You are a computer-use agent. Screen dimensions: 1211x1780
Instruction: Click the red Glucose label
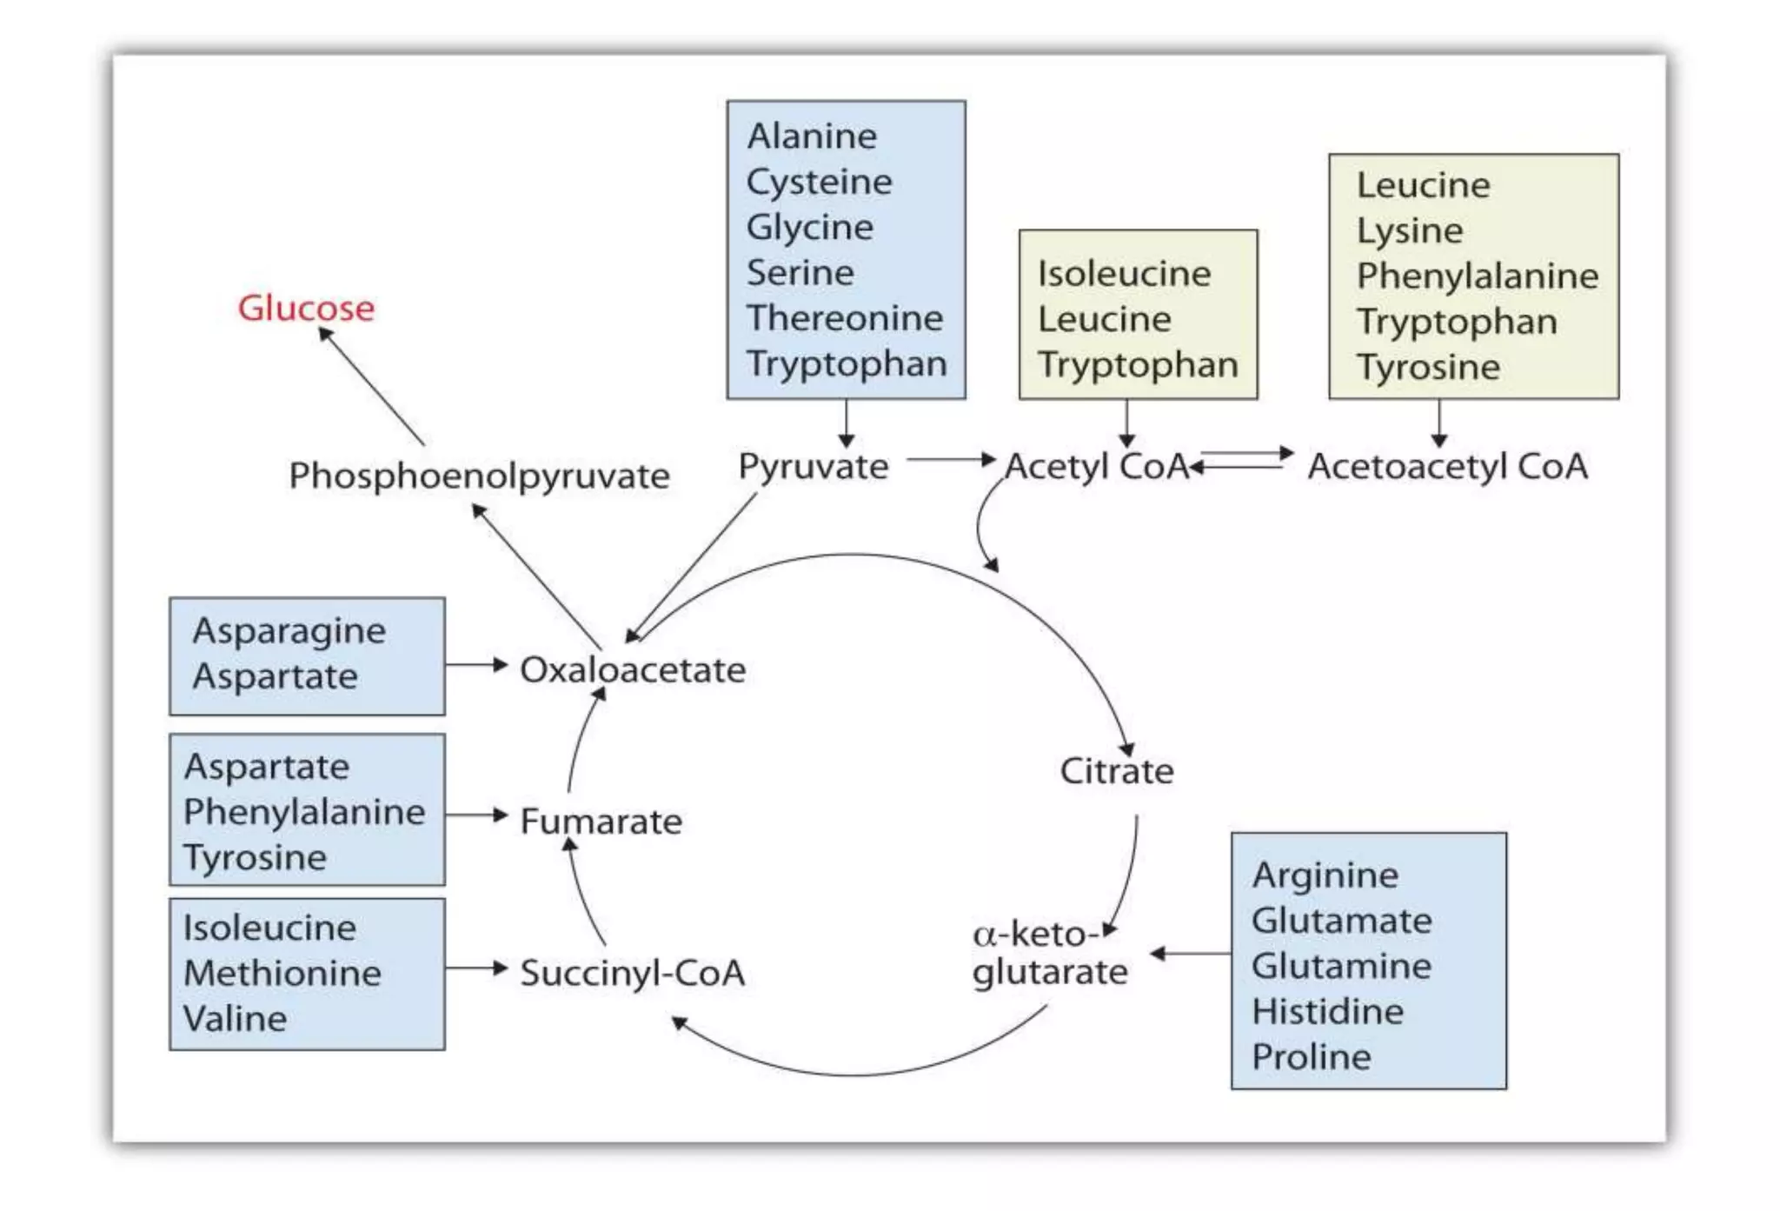click(x=306, y=308)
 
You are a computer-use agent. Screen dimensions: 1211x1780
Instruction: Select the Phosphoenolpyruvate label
click(x=479, y=476)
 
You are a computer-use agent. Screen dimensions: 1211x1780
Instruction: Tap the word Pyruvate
click(x=813, y=467)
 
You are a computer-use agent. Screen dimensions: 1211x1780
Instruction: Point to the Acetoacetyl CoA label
click(x=1447, y=467)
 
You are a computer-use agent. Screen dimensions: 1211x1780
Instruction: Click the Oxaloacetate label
click(x=632, y=669)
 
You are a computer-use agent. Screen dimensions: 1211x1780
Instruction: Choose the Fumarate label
click(x=601, y=822)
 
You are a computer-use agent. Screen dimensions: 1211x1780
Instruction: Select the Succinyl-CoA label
click(x=632, y=973)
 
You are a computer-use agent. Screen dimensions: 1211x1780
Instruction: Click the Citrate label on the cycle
click(x=1116, y=771)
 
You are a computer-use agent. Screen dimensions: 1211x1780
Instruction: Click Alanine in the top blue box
click(x=812, y=136)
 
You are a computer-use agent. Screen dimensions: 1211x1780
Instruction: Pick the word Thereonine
click(x=844, y=318)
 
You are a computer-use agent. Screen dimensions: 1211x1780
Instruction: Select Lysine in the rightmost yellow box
click(x=1410, y=231)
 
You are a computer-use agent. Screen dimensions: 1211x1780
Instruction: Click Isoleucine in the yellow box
click(x=1124, y=274)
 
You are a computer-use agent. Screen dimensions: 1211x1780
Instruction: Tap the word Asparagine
click(x=289, y=631)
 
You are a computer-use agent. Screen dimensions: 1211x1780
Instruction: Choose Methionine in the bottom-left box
click(x=282, y=973)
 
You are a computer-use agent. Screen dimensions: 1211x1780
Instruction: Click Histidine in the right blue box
click(x=1327, y=1011)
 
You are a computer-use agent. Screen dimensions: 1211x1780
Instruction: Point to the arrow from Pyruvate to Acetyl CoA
click(x=951, y=459)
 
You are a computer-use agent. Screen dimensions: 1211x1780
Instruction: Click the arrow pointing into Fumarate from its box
click(x=476, y=815)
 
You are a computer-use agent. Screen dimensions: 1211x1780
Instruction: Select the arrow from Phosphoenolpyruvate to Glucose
click(x=372, y=388)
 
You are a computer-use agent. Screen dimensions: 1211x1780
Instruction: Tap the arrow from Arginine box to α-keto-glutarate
click(x=1190, y=954)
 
